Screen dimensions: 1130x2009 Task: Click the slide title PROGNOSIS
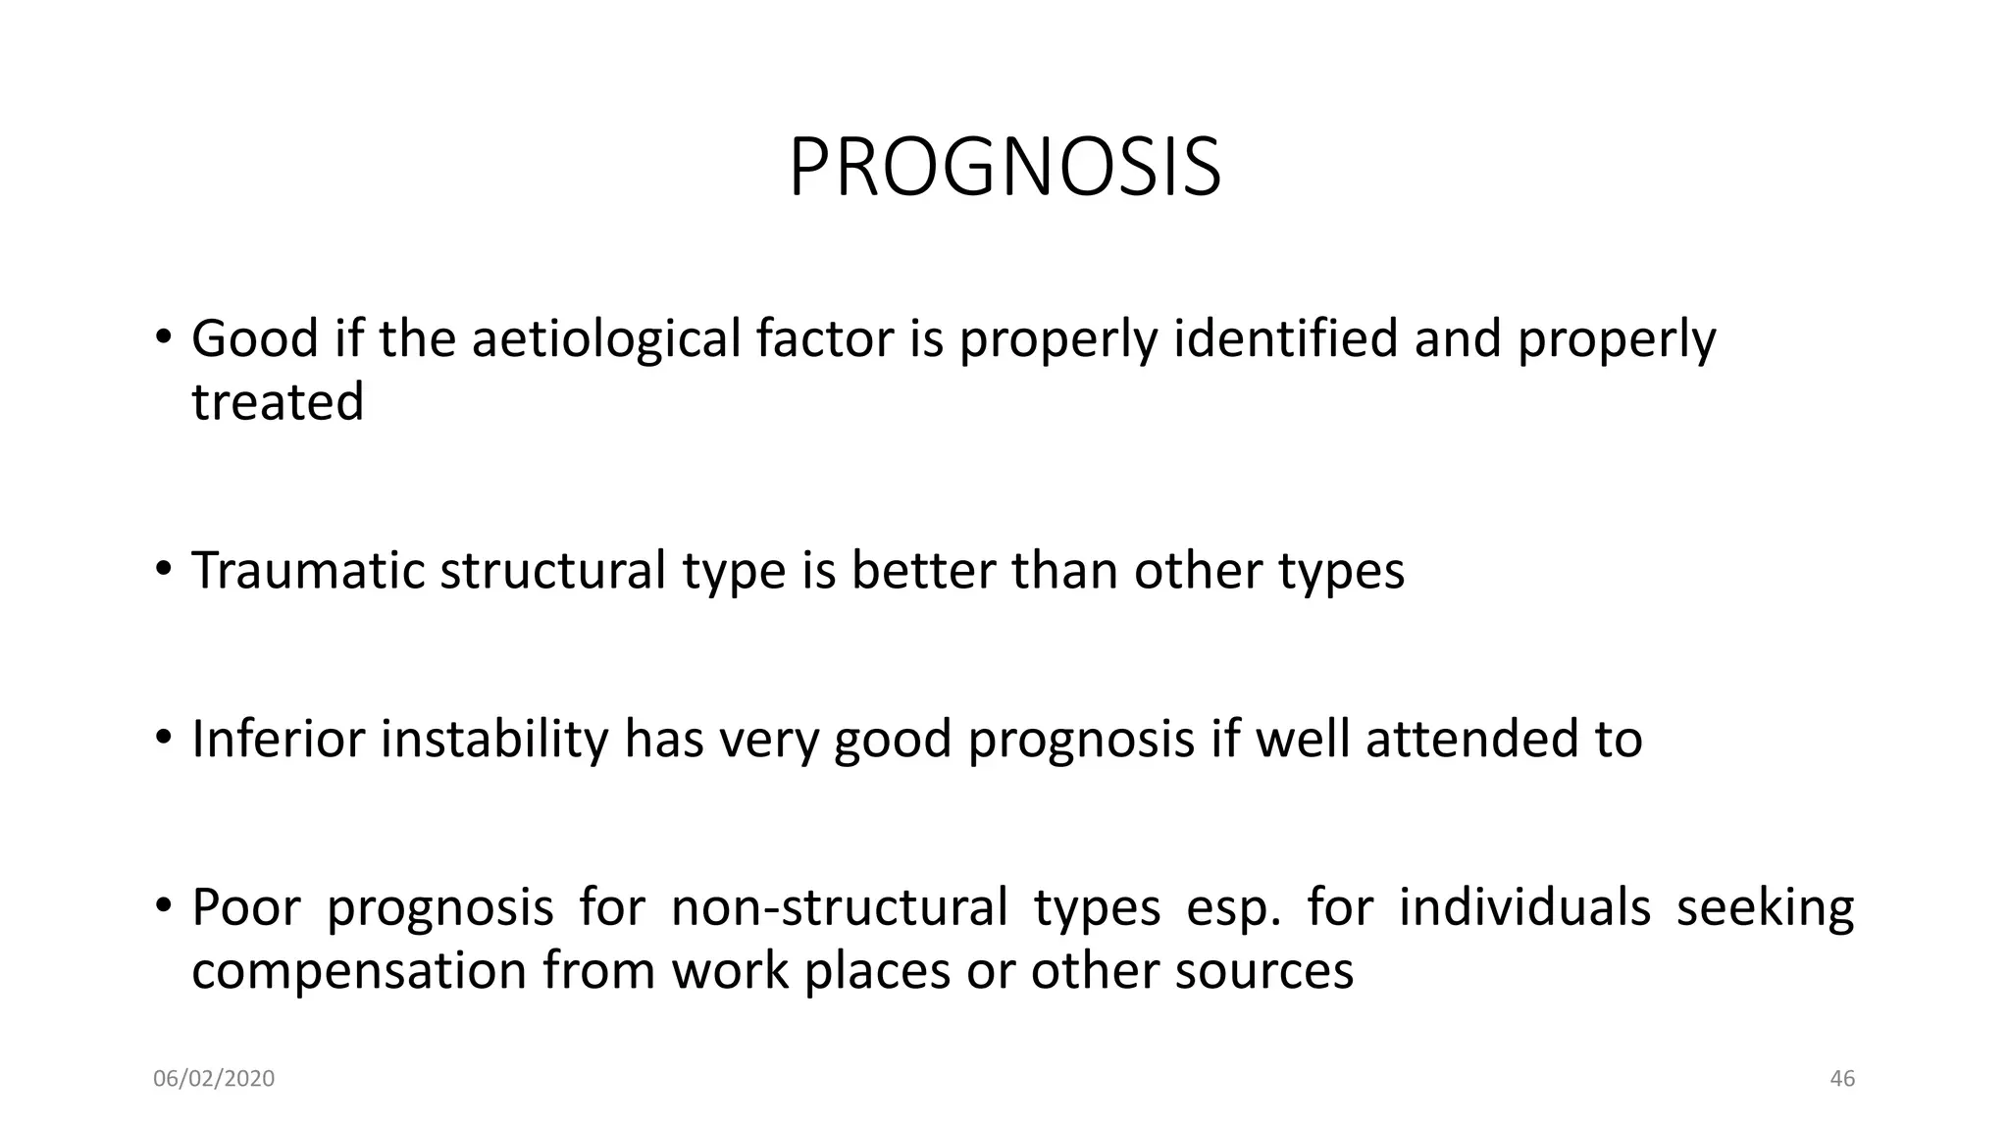[1004, 169]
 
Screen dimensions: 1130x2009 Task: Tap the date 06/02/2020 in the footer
[214, 1079]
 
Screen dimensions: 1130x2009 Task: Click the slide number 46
[1842, 1079]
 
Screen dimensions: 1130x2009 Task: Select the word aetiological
[605, 339]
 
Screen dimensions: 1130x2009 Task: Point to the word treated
[278, 402]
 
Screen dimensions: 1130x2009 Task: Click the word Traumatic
[308, 571]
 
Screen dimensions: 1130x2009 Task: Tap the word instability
[494, 739]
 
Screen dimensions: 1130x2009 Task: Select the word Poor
[249, 907]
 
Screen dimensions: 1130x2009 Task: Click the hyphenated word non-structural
[839, 907]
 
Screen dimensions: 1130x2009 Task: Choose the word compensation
[359, 972]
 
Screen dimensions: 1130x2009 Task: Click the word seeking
[1765, 909]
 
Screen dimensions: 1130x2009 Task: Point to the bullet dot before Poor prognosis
[163, 904]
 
